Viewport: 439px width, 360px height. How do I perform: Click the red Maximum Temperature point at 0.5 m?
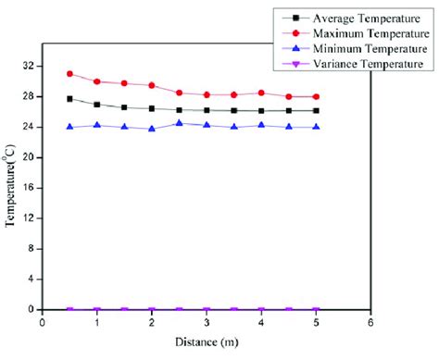69,73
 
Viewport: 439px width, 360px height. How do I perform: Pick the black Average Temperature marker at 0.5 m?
69,98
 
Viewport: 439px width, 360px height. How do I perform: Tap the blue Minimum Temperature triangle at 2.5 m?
179,123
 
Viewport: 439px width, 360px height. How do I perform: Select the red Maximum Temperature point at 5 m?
316,96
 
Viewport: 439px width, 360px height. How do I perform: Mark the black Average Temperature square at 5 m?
316,110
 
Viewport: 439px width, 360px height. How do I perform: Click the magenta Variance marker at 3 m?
207,310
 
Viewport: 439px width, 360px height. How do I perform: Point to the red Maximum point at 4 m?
261,93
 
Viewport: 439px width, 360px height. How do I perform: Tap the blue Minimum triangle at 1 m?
97,125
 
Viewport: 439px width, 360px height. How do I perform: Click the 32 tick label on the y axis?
30,67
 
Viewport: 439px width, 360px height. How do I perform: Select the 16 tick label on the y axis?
30,188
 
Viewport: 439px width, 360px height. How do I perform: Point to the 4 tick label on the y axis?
32,279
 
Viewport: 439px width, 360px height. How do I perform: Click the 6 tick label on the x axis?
370,323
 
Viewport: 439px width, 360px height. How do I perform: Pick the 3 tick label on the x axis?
207,323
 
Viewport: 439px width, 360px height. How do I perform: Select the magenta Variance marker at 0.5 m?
69,310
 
